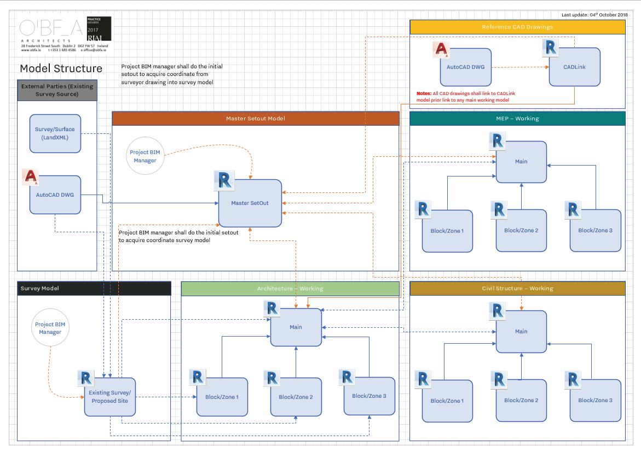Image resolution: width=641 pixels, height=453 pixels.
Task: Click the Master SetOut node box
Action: point(251,203)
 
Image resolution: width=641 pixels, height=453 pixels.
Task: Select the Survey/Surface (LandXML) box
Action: point(55,133)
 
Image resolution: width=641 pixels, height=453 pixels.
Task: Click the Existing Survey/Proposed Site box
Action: point(109,397)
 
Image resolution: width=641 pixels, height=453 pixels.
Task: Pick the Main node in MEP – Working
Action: point(521,162)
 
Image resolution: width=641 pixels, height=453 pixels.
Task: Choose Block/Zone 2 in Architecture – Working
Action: point(296,397)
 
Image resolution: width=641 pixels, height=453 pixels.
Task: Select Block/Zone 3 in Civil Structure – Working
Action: point(595,401)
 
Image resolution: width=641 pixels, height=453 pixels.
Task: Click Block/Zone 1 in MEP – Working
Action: point(447,231)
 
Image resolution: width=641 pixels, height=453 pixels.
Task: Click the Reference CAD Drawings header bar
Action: point(517,27)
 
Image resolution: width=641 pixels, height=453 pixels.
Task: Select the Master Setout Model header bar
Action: point(256,119)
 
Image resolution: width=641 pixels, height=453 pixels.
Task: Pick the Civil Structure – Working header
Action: point(517,289)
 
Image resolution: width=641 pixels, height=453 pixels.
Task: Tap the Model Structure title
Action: point(61,68)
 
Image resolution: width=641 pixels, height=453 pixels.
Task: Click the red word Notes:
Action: point(424,93)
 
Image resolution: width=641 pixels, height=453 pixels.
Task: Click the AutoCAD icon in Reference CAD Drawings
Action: point(441,50)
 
